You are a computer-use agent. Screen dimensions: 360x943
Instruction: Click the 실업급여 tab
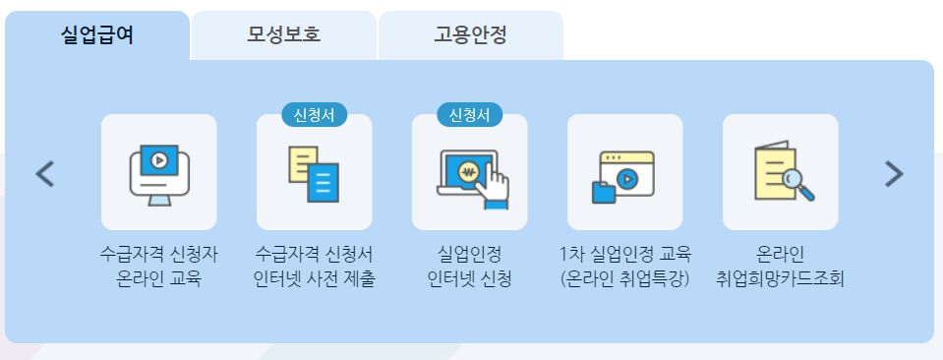[96, 36]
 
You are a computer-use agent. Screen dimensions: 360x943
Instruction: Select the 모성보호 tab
[283, 36]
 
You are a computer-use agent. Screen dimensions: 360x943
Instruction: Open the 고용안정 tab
[470, 36]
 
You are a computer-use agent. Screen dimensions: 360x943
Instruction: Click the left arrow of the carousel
[45, 174]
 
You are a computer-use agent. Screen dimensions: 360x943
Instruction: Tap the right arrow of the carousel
[893, 174]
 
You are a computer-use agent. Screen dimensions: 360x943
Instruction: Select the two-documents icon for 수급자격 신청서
[314, 173]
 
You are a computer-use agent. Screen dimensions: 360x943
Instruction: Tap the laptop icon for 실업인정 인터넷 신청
[469, 173]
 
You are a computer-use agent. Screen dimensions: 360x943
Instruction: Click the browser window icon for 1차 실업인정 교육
[624, 173]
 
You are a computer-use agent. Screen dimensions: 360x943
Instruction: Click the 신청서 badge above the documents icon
[315, 114]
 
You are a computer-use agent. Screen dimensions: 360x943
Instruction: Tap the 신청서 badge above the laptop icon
[469, 114]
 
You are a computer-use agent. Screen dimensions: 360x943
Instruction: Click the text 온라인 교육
[158, 278]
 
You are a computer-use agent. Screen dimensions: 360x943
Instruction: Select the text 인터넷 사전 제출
[314, 278]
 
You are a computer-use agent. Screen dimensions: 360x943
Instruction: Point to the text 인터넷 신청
[469, 278]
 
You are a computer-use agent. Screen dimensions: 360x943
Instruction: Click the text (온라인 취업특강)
[624, 278]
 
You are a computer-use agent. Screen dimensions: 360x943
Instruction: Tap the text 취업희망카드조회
[780, 278]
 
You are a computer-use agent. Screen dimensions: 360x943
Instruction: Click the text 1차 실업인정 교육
[624, 254]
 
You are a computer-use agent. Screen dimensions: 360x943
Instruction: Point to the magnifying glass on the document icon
[799, 182]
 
